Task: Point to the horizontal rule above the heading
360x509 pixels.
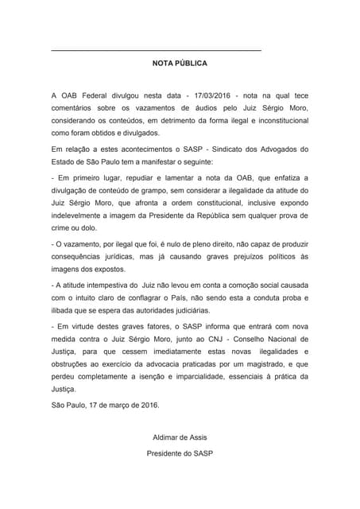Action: [x=156, y=51]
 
